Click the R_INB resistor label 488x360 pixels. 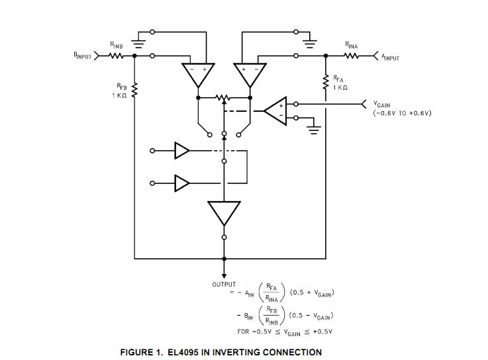click(x=116, y=46)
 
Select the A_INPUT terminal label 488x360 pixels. click(x=390, y=58)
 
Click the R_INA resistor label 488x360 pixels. click(x=351, y=46)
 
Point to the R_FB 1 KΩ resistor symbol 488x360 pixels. click(x=134, y=91)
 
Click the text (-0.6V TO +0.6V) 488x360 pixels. click(x=402, y=112)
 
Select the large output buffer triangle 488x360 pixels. click(x=224, y=214)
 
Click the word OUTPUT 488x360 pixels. click(x=224, y=285)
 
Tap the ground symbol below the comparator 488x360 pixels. click(x=313, y=129)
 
